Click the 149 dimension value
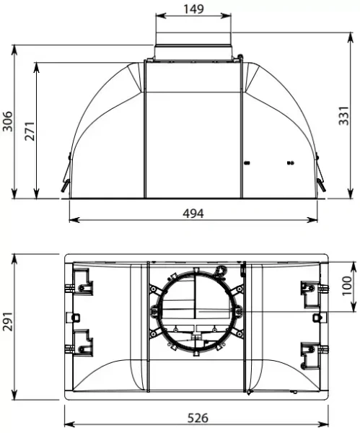[193, 9]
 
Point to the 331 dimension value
[346, 114]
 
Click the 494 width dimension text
[193, 214]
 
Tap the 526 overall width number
[196, 418]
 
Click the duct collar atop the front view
[193, 51]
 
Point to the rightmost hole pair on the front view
[290, 162]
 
